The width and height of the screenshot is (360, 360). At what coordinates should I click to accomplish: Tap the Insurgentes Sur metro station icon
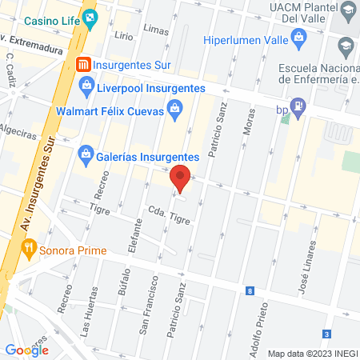click(x=82, y=65)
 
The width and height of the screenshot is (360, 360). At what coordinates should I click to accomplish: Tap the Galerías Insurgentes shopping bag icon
click(x=85, y=154)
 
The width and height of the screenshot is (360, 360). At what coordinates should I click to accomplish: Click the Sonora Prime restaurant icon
click(x=29, y=248)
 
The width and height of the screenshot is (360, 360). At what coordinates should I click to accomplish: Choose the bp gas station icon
click(x=298, y=105)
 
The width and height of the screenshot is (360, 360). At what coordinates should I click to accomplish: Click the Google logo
click(x=26, y=350)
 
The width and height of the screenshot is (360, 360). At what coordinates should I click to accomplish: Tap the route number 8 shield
click(x=250, y=291)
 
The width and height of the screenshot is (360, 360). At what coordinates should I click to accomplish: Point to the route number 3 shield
click(x=326, y=334)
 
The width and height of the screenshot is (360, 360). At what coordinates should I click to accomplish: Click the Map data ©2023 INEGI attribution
click(x=313, y=354)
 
